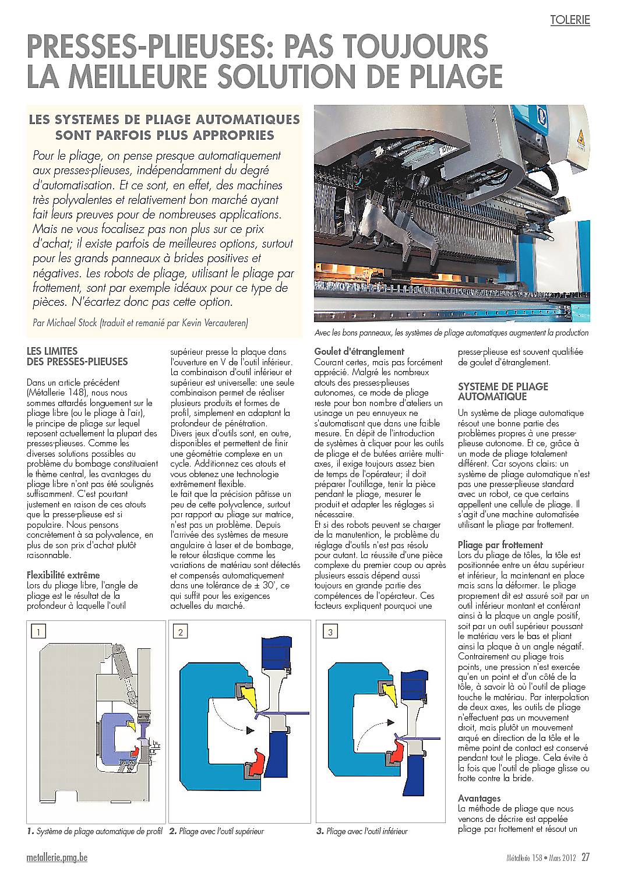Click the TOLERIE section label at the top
(570, 20)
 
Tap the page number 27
(586, 857)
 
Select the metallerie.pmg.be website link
(57, 857)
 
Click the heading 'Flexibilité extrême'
(63, 575)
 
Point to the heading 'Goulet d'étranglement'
(359, 351)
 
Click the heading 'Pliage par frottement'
(493, 545)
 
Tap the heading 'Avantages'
(479, 798)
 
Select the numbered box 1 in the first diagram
(37, 631)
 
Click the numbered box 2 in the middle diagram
(181, 631)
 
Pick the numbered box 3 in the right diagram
(330, 631)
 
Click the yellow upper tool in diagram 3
(391, 691)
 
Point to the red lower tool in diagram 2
(256, 760)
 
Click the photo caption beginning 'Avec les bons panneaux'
(451, 333)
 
